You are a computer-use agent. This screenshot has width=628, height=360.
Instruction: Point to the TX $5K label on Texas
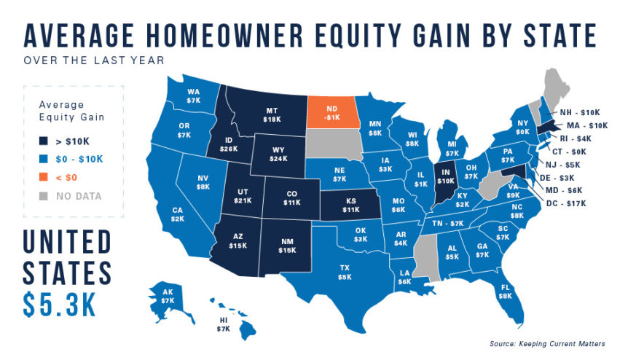(345, 273)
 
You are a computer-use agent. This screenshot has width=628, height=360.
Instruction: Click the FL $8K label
(503, 291)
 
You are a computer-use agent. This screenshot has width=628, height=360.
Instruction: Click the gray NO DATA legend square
(42, 195)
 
